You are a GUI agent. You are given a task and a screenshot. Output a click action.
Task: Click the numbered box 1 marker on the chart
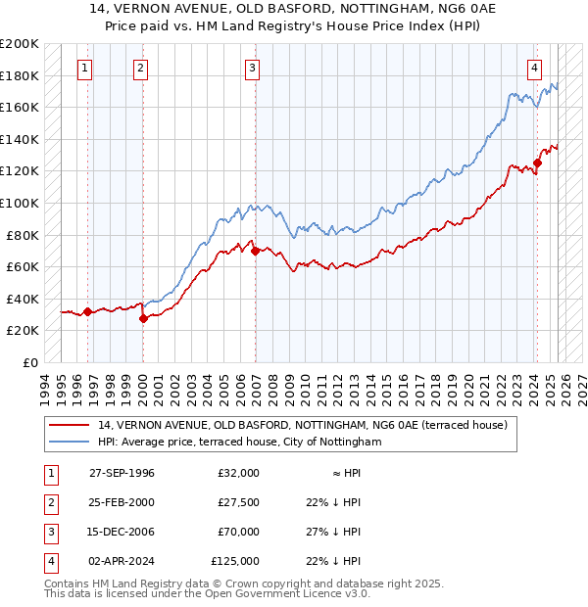pyautogui.click(x=86, y=69)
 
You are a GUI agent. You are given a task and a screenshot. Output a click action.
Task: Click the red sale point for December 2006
pyautogui.click(x=256, y=251)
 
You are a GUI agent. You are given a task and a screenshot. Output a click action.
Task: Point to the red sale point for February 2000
pyautogui.click(x=143, y=318)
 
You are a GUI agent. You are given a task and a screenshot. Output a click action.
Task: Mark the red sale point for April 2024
pyautogui.click(x=537, y=163)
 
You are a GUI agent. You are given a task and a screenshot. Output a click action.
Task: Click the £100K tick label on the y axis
pyautogui.click(x=20, y=203)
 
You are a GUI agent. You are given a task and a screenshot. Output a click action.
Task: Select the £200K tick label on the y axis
pyautogui.click(x=20, y=44)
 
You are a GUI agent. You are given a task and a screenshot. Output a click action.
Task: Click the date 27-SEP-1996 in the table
pyautogui.click(x=122, y=473)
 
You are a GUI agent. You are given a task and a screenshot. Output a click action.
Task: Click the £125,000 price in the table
pyautogui.click(x=235, y=561)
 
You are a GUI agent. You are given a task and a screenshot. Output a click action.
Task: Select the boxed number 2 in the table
pyautogui.click(x=49, y=502)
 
